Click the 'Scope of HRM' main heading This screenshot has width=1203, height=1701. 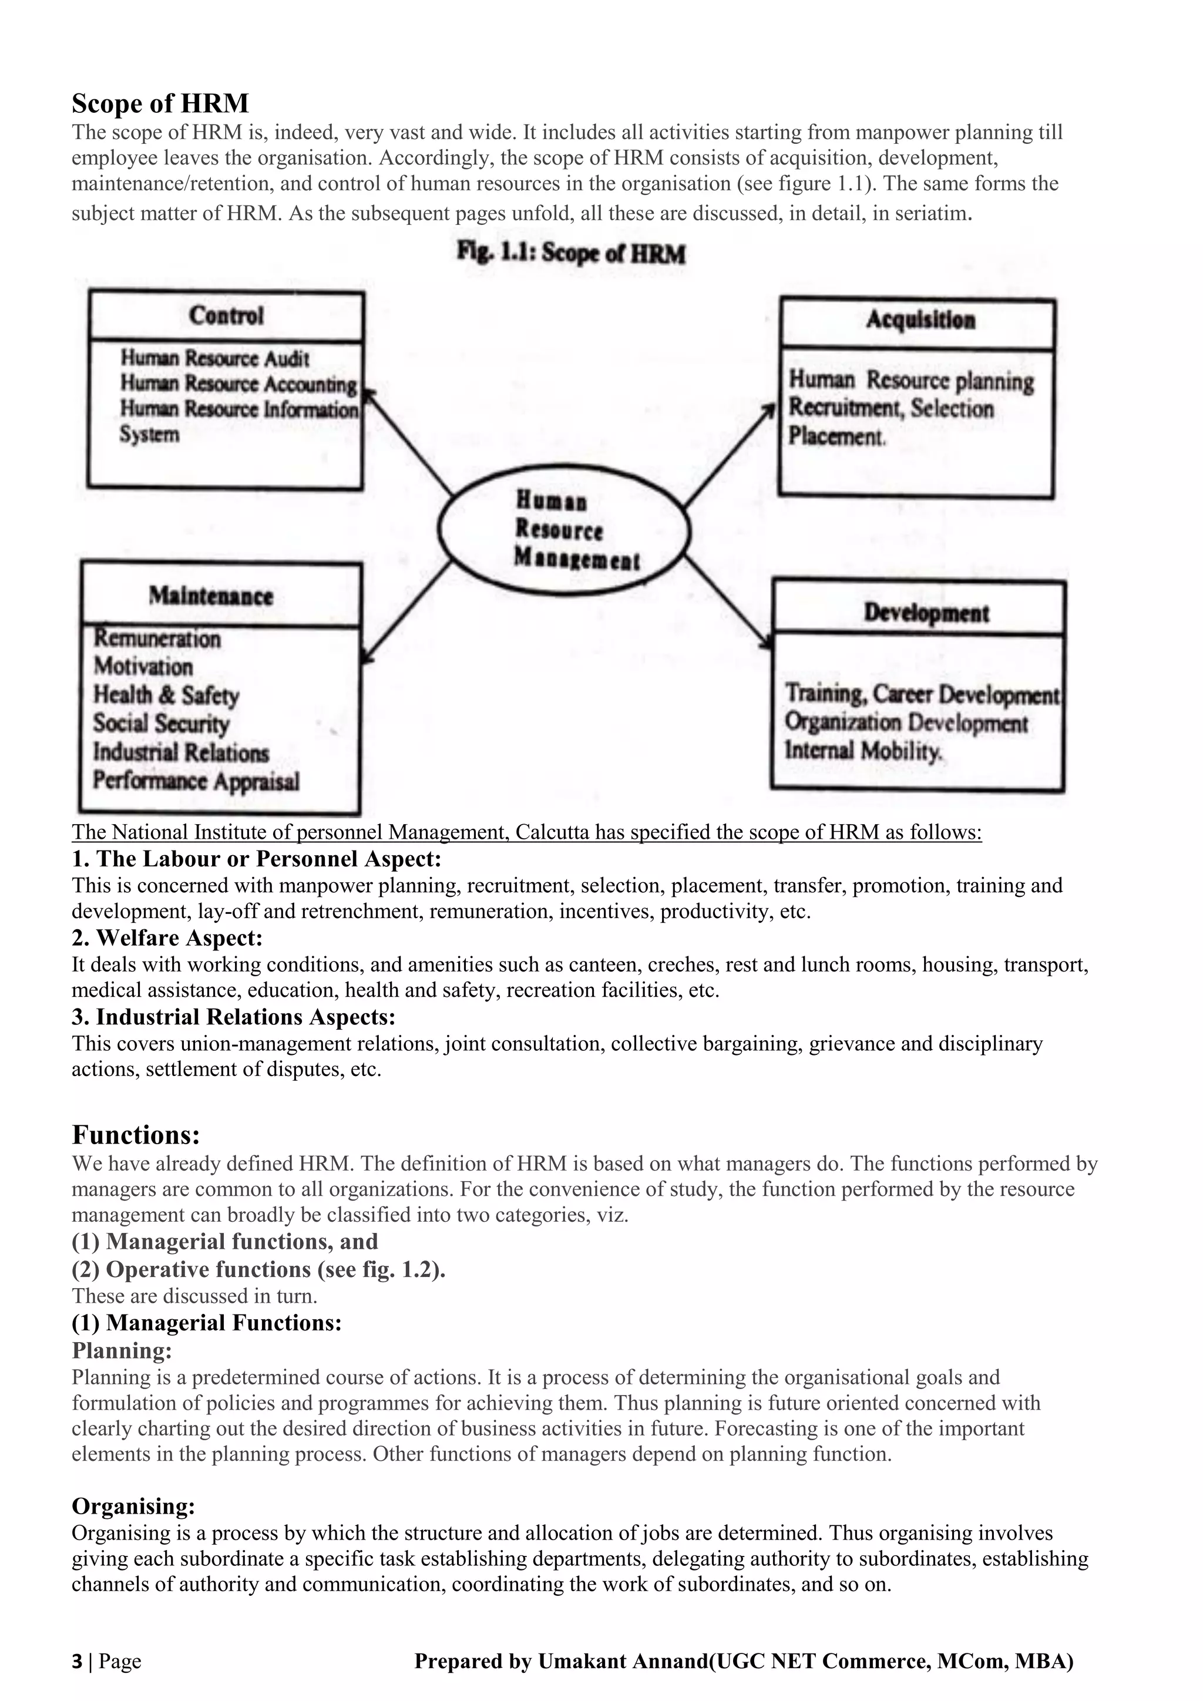point(160,103)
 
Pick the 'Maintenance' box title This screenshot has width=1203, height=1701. point(211,596)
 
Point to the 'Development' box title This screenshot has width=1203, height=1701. point(926,613)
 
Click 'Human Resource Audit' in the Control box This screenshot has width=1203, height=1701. point(215,358)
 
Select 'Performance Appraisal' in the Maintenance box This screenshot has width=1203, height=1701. point(196,781)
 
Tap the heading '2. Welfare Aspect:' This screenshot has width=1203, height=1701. point(167,938)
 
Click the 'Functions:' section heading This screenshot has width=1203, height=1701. point(136,1135)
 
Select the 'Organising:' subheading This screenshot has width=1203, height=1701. point(133,1506)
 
